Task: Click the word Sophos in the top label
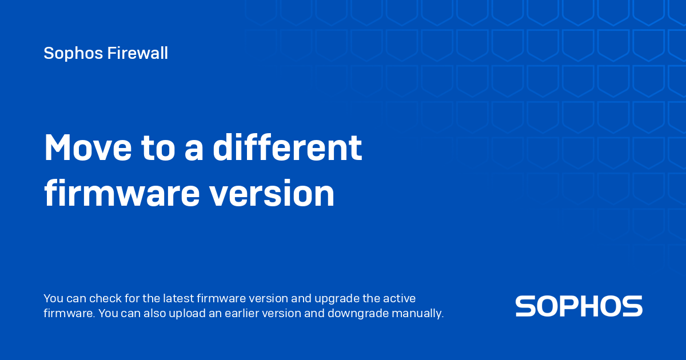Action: [73, 54]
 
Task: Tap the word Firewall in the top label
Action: [138, 53]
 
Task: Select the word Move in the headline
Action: [88, 147]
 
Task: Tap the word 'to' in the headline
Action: [158, 149]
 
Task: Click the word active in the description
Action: [400, 298]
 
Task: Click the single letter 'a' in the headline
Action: [194, 151]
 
